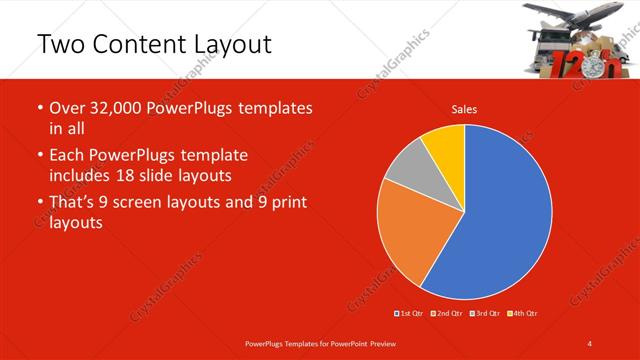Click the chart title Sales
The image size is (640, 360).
coord(464,109)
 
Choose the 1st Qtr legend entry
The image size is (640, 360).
coord(411,314)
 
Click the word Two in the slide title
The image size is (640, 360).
coord(61,44)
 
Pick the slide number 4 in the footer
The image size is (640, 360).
coord(591,343)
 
